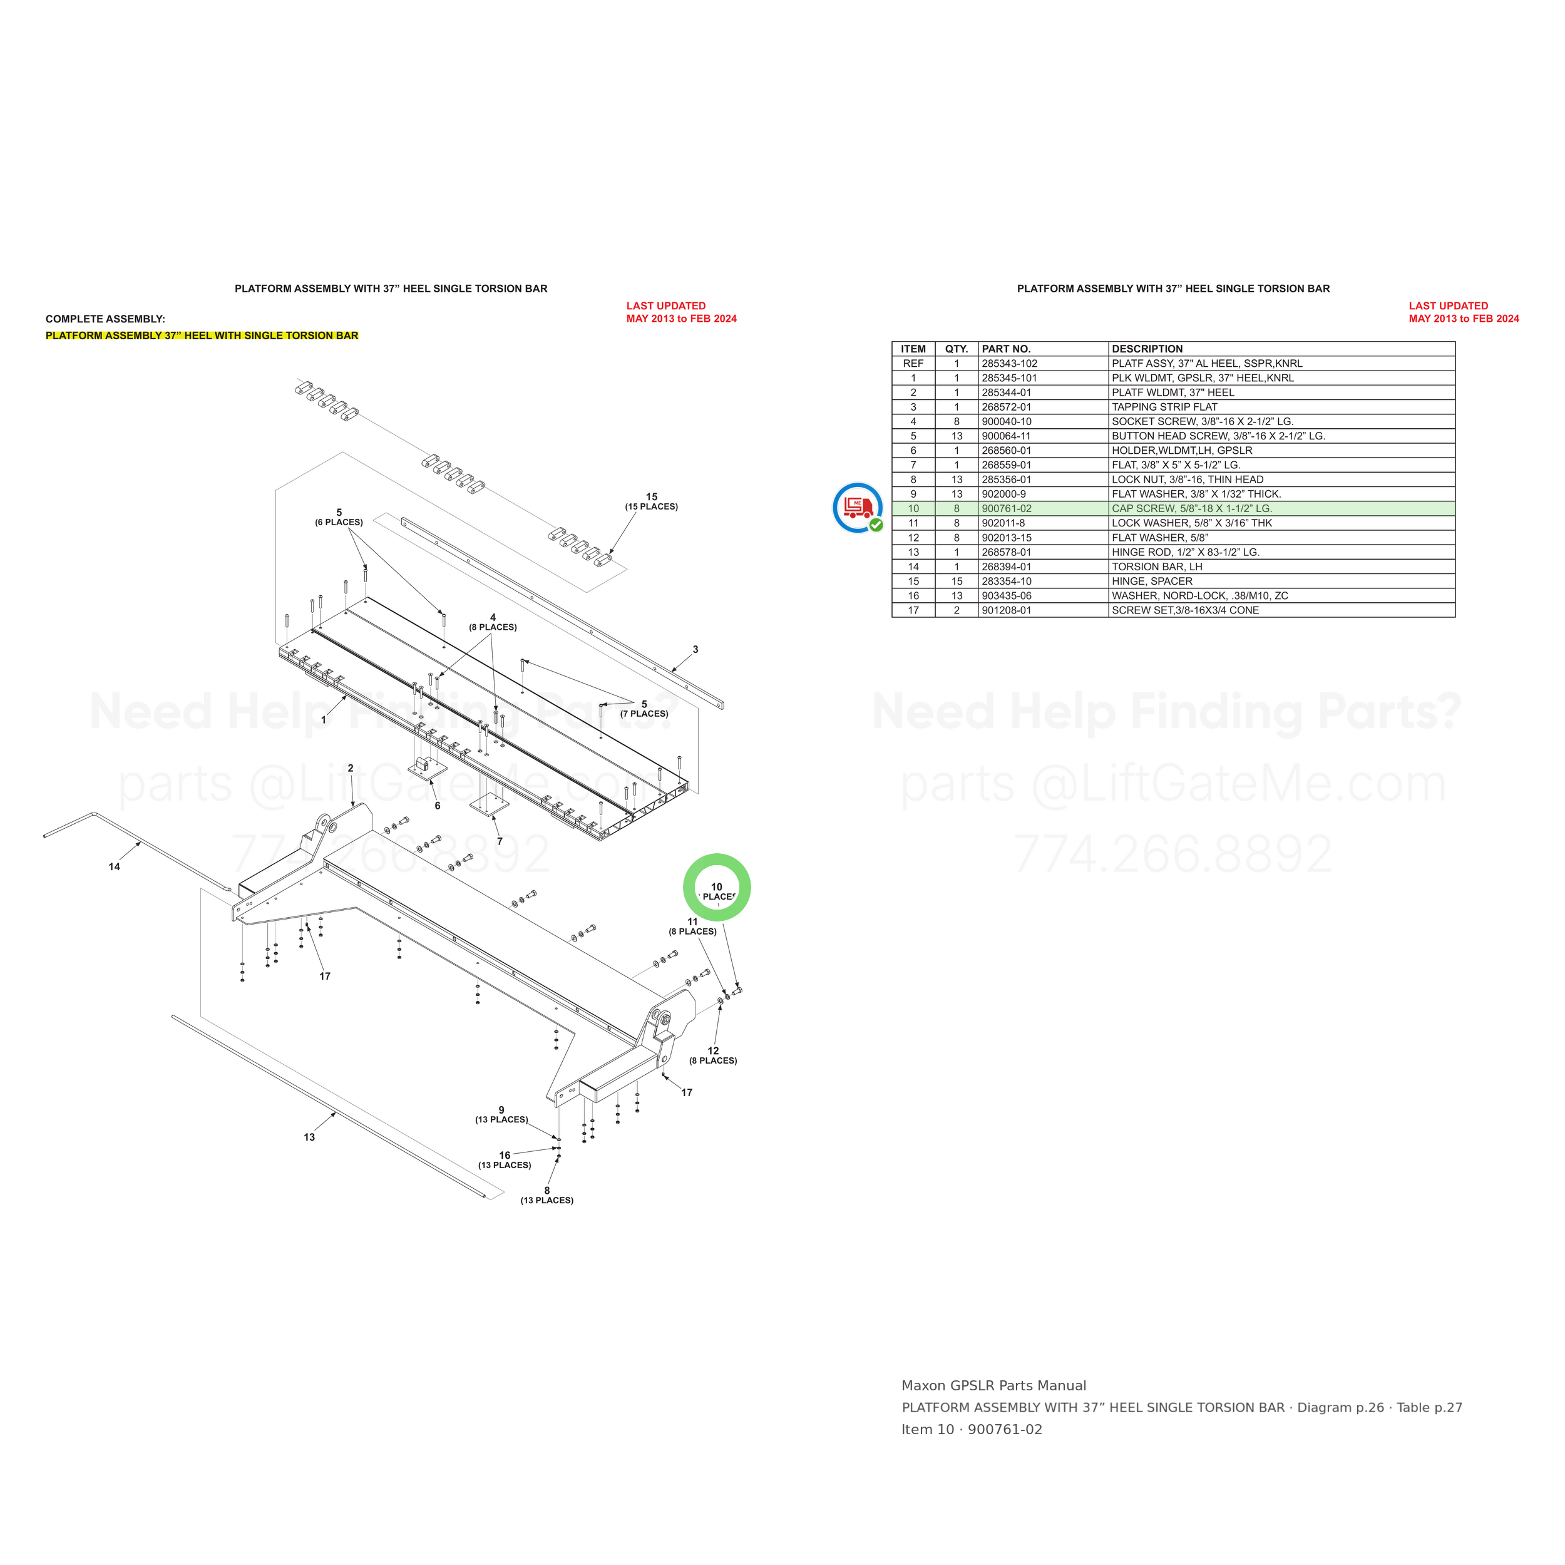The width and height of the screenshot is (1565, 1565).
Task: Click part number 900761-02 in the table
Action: [1006, 509]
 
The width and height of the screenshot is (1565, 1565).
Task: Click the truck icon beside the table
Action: [858, 508]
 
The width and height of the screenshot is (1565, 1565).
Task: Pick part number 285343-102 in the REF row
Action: [1009, 364]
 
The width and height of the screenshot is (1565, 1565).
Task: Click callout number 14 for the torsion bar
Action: [114, 867]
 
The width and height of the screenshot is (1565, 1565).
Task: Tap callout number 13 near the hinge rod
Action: [309, 1137]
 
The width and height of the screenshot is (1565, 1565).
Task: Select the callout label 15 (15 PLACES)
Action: [651, 501]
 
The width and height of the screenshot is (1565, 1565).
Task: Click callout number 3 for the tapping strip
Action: [695, 650]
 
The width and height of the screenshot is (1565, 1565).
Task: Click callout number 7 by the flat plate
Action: [500, 841]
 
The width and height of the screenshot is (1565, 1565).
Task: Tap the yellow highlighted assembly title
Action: [202, 336]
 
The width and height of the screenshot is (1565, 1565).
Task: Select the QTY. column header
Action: [957, 349]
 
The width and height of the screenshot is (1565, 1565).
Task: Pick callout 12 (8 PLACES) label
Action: [713, 1055]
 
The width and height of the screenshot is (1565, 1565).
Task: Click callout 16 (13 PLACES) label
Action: [505, 1160]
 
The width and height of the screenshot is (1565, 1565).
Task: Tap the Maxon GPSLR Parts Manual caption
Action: [994, 1386]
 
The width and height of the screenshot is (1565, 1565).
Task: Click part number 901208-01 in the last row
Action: [1006, 611]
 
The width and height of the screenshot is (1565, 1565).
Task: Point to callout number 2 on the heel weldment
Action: [351, 768]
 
